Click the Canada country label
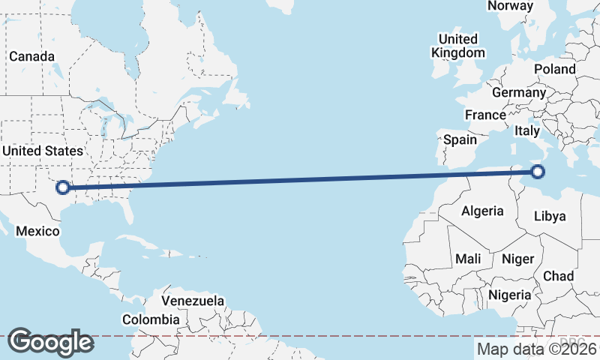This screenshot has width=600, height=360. click(x=31, y=56)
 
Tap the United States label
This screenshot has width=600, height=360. click(x=42, y=151)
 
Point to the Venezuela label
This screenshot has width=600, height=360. click(x=193, y=301)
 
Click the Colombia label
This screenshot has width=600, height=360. click(x=151, y=319)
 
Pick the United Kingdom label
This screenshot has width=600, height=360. click(x=457, y=46)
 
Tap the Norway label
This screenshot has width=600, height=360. click(x=510, y=6)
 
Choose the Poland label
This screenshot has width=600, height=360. click(x=554, y=69)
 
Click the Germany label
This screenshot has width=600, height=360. click(x=519, y=92)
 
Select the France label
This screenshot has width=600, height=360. click(x=484, y=115)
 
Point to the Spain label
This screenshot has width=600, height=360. click(x=460, y=139)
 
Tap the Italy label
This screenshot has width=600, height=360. click(x=527, y=130)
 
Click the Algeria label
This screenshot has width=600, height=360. click(x=482, y=211)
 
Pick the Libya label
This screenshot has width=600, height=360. click(x=550, y=217)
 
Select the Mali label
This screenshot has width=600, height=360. click(x=468, y=259)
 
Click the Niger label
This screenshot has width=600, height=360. click(x=517, y=259)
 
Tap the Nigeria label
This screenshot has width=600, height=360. click(x=510, y=295)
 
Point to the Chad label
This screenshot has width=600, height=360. click(x=558, y=276)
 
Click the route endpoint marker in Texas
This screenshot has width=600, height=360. click(x=64, y=187)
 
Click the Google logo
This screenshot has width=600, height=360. click(x=50, y=342)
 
